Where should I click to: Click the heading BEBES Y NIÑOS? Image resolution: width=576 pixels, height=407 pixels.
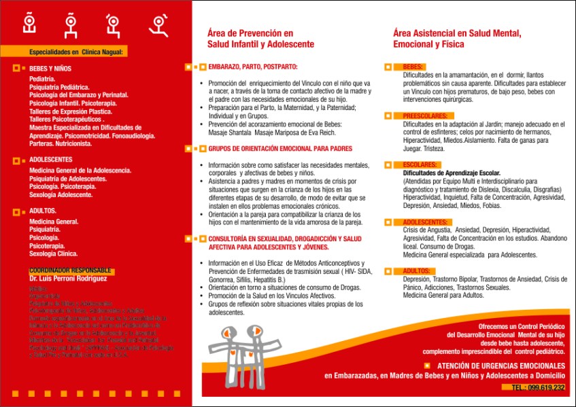pyautogui.click(x=50, y=69)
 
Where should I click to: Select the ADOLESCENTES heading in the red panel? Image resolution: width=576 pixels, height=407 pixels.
pyautogui.click(x=51, y=160)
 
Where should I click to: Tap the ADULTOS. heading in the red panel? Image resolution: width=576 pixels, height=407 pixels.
pyautogui.click(x=43, y=211)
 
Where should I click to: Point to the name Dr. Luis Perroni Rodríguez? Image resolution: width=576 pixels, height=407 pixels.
pyautogui.click(x=68, y=279)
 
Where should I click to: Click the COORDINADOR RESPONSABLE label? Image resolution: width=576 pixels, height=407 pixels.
pyautogui.click(x=70, y=270)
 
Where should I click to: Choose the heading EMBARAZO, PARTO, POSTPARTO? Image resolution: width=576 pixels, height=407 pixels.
pyautogui.click(x=253, y=67)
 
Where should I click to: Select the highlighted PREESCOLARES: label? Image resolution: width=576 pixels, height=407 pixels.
pyautogui.click(x=425, y=116)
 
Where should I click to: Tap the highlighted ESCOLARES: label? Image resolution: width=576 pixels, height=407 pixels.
pyautogui.click(x=420, y=165)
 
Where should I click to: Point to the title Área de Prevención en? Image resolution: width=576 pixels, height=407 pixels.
pyautogui.click(x=250, y=33)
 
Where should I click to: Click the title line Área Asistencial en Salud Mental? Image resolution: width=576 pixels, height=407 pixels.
pyautogui.click(x=457, y=33)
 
